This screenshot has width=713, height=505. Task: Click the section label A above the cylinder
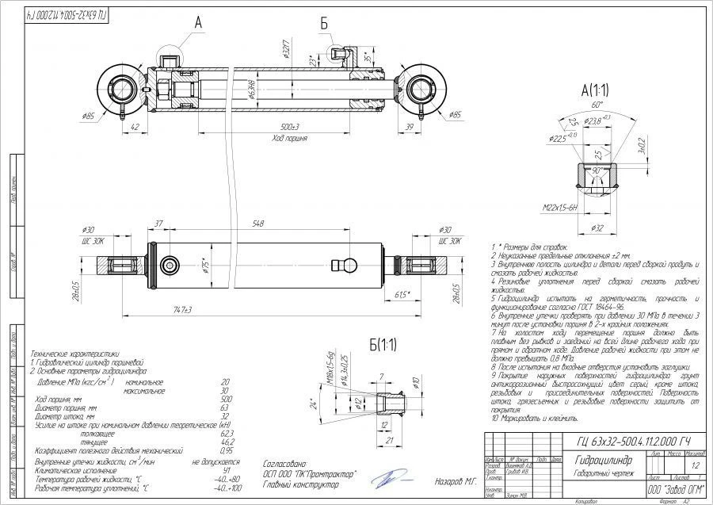coord(199,25)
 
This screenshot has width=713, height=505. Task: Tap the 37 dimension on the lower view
coord(158,224)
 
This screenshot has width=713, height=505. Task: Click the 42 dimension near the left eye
coord(135,126)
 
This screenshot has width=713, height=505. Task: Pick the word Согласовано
coord(282,462)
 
